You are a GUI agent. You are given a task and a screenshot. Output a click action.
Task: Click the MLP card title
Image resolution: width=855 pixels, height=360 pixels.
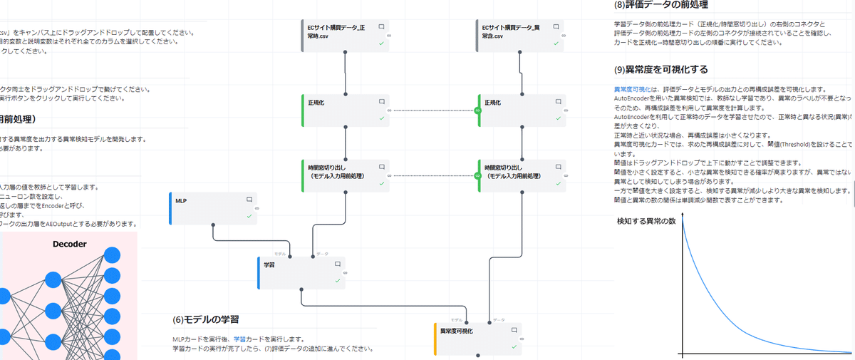click(181, 201)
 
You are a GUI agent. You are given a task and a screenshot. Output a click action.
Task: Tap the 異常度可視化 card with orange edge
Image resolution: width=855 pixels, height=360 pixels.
click(477, 339)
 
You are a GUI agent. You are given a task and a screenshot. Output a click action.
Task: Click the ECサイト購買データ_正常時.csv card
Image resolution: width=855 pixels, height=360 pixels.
click(346, 36)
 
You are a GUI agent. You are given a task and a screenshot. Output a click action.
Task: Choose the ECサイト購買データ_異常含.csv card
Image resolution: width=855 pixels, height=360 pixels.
click(519, 36)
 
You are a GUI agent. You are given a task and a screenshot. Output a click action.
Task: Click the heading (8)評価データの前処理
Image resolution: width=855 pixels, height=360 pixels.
click(660, 5)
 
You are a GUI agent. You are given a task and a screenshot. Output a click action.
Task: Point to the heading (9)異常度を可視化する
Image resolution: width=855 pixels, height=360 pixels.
click(660, 70)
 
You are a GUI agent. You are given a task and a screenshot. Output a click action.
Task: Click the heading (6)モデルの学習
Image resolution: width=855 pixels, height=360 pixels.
click(205, 319)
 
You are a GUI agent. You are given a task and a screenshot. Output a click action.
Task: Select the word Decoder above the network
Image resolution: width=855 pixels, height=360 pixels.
click(70, 245)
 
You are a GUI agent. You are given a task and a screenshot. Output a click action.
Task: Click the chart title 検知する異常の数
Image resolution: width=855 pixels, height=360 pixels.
click(646, 221)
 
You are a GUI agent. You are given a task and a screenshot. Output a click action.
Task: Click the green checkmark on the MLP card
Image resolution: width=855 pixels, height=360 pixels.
click(249, 215)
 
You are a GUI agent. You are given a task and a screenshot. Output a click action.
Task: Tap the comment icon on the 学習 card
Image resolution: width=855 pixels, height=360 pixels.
click(338, 264)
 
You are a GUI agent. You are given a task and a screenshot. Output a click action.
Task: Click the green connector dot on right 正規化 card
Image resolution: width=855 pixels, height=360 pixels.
click(478, 110)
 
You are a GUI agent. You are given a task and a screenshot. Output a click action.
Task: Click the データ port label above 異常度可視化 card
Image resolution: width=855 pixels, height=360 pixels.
click(498, 320)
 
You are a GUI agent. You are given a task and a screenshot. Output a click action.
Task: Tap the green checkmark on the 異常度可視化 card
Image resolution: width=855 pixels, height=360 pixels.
click(514, 346)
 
